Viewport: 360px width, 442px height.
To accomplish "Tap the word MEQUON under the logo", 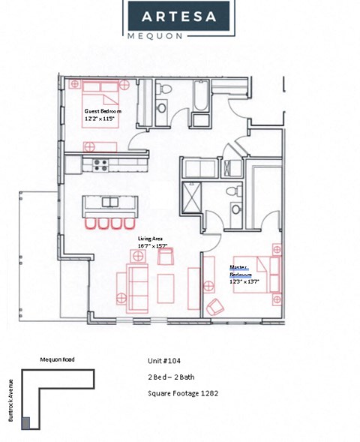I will (179, 35).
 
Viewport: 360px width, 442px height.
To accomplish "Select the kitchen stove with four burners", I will (100, 164).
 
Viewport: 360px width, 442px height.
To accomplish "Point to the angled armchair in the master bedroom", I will (216, 306).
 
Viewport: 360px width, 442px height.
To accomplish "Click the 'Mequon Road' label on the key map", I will (57, 359).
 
